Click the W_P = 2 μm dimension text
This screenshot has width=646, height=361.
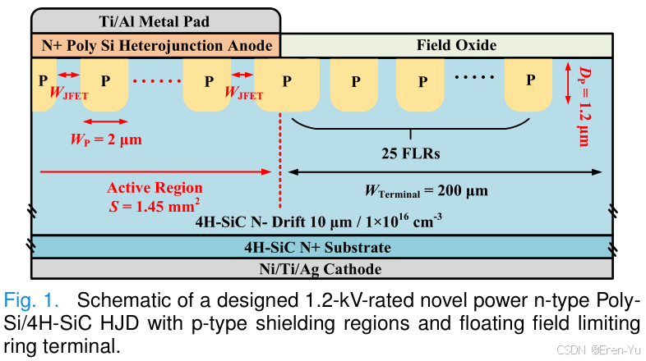(106, 139)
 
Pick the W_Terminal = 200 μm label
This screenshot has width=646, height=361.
(427, 191)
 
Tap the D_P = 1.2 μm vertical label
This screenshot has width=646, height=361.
(582, 107)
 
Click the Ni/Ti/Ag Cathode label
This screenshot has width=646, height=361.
(321, 268)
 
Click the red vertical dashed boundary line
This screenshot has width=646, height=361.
(280, 164)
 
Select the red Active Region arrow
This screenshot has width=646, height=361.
(156, 171)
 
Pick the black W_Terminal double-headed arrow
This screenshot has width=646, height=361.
(444, 172)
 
